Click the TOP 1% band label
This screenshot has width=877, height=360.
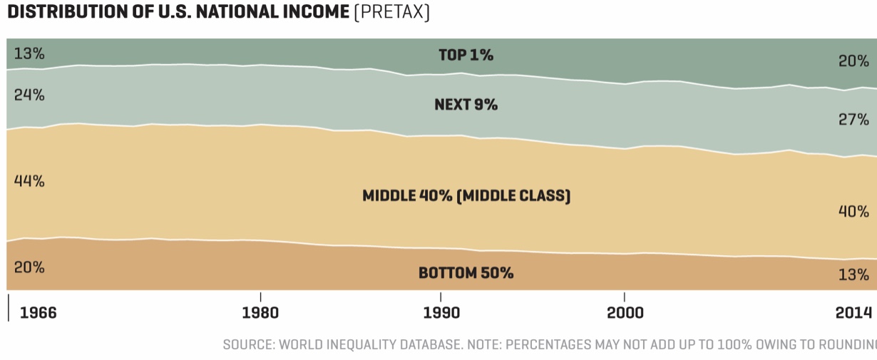coord(466,55)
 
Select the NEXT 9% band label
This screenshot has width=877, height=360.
coord(466,105)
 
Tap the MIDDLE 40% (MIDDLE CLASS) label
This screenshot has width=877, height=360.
coord(466,195)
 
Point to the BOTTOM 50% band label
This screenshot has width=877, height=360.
coord(466,273)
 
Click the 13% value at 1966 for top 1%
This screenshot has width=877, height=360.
coord(29,53)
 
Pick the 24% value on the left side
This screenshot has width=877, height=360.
coord(29,95)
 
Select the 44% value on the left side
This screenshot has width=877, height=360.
coord(29,181)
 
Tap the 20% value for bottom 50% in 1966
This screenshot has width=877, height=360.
coord(29,267)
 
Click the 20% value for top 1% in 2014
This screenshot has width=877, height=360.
coord(853,61)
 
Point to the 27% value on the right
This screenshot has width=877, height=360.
coord(853,119)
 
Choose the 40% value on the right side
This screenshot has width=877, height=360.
coord(853,212)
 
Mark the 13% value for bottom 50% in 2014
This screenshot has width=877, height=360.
coord(853,274)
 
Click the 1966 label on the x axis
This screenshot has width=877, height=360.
coord(38,313)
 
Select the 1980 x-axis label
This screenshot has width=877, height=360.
coord(261,313)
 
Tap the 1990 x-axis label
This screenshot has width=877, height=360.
coord(441,313)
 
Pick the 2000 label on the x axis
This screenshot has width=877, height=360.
coord(625,313)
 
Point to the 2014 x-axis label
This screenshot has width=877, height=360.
coord(854,313)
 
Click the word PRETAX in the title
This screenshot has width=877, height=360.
coord(391,14)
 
